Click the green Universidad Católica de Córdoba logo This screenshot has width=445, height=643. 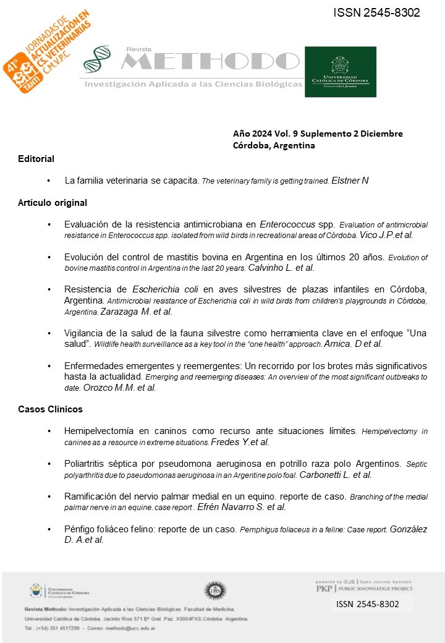tap(340, 71)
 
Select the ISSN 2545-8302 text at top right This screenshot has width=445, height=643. tap(376, 12)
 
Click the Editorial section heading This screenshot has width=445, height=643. tap(36, 159)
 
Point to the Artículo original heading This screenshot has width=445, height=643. tap(53, 202)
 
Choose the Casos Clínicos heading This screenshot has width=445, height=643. tap(50, 409)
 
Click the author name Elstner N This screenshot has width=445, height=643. tap(350, 181)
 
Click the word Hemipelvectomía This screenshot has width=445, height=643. tap(98, 430)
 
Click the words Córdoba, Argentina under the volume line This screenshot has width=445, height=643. tap(274, 146)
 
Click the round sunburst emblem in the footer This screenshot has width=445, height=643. tap(214, 590)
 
